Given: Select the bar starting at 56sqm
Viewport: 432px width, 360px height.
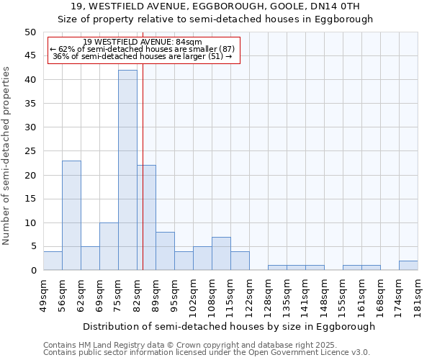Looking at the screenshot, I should (x=71, y=215).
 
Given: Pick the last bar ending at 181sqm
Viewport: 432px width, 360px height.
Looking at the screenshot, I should (x=408, y=265).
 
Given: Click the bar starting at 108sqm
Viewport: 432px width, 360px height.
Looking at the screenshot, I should (x=221, y=253).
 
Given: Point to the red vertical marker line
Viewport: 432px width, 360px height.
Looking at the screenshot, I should (x=143, y=180).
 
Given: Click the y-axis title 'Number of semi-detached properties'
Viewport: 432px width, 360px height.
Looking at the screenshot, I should (x=7, y=156).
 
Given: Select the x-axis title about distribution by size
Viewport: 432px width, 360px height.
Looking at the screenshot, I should (x=230, y=326).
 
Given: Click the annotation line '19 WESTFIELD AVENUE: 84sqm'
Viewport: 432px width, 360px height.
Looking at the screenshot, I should (x=143, y=42).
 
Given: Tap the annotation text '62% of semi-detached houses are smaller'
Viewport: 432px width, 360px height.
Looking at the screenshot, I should (x=143, y=49).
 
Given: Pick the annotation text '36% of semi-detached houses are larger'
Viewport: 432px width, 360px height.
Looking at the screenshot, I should (x=143, y=56).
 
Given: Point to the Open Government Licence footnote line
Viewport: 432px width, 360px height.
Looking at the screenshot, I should (x=207, y=352).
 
